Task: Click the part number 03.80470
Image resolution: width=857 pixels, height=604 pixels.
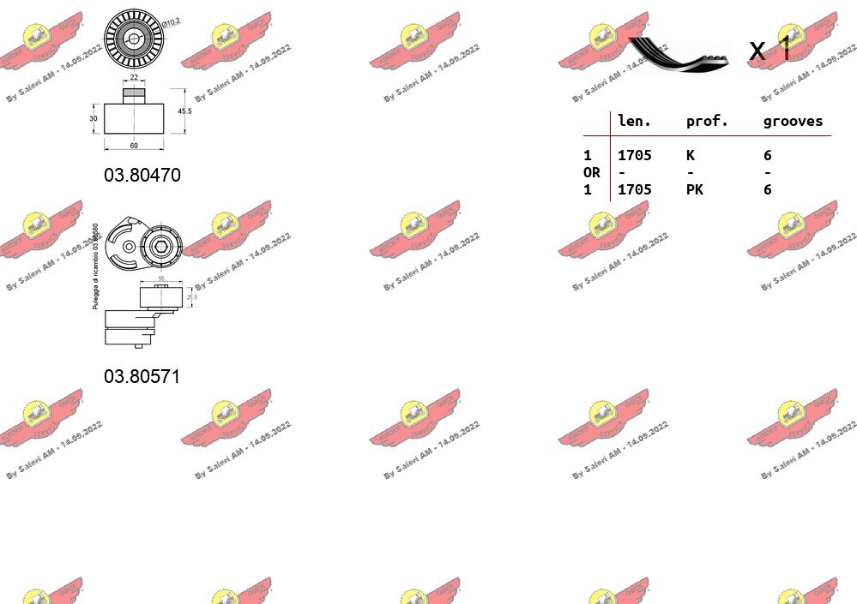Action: pyautogui.click(x=142, y=176)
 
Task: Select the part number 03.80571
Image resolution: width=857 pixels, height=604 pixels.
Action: pyautogui.click(x=142, y=377)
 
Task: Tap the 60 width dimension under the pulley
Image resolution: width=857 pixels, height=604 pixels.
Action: pyautogui.click(x=134, y=146)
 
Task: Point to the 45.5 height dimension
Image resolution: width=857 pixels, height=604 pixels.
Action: pyautogui.click(x=184, y=111)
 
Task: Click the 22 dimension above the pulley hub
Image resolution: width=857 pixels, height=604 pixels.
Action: pyautogui.click(x=134, y=78)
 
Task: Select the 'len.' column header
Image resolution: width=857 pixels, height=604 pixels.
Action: pyautogui.click(x=634, y=122)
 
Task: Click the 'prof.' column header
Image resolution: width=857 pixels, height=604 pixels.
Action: pyautogui.click(x=707, y=122)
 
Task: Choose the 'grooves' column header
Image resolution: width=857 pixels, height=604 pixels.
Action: pyautogui.click(x=793, y=122)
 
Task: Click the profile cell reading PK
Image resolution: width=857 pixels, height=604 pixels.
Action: pyautogui.click(x=694, y=190)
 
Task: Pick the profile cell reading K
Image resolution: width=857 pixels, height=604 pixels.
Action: pyautogui.click(x=690, y=156)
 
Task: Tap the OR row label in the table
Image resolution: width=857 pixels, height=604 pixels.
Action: pyautogui.click(x=591, y=173)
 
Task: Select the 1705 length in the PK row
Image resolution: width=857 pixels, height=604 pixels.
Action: pyautogui.click(x=634, y=190)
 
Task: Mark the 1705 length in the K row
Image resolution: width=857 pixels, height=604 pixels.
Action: pyautogui.click(x=634, y=156)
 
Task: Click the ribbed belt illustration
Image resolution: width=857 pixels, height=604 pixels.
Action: pyautogui.click(x=679, y=53)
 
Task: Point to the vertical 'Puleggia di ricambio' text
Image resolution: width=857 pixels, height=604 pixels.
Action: pyautogui.click(x=96, y=266)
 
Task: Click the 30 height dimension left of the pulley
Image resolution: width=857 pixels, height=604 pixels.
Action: pyautogui.click(x=94, y=119)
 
